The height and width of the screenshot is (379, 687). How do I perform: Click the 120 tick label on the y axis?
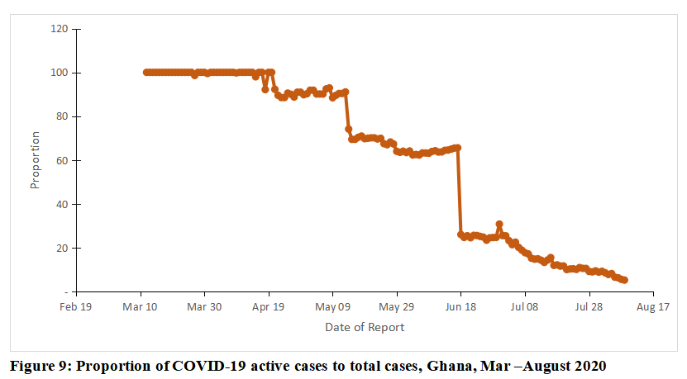point(60,29)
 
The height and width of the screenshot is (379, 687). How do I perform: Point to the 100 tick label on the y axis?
point(60,73)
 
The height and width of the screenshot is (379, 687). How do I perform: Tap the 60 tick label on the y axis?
point(62,160)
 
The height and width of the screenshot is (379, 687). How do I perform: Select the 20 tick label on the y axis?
point(62,248)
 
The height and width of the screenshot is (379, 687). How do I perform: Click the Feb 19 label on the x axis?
point(76,307)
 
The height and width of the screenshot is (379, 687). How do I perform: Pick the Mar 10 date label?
point(141,307)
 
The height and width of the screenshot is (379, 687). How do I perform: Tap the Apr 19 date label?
point(269,307)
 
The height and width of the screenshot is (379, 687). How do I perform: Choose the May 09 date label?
point(332,307)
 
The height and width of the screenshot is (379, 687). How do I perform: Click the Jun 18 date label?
point(460,307)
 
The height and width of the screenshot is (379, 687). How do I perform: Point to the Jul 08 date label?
point(525,307)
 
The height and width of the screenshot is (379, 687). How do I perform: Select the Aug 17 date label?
point(653,307)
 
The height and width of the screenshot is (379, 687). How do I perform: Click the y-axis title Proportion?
point(35,160)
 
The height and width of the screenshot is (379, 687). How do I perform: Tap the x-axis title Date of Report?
point(365,327)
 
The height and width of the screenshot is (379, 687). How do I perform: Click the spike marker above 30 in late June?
point(499,224)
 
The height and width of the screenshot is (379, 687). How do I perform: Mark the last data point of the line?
point(624,280)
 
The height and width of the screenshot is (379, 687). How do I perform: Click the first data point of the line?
point(146,73)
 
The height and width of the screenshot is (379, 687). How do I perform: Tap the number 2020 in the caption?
point(590,366)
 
